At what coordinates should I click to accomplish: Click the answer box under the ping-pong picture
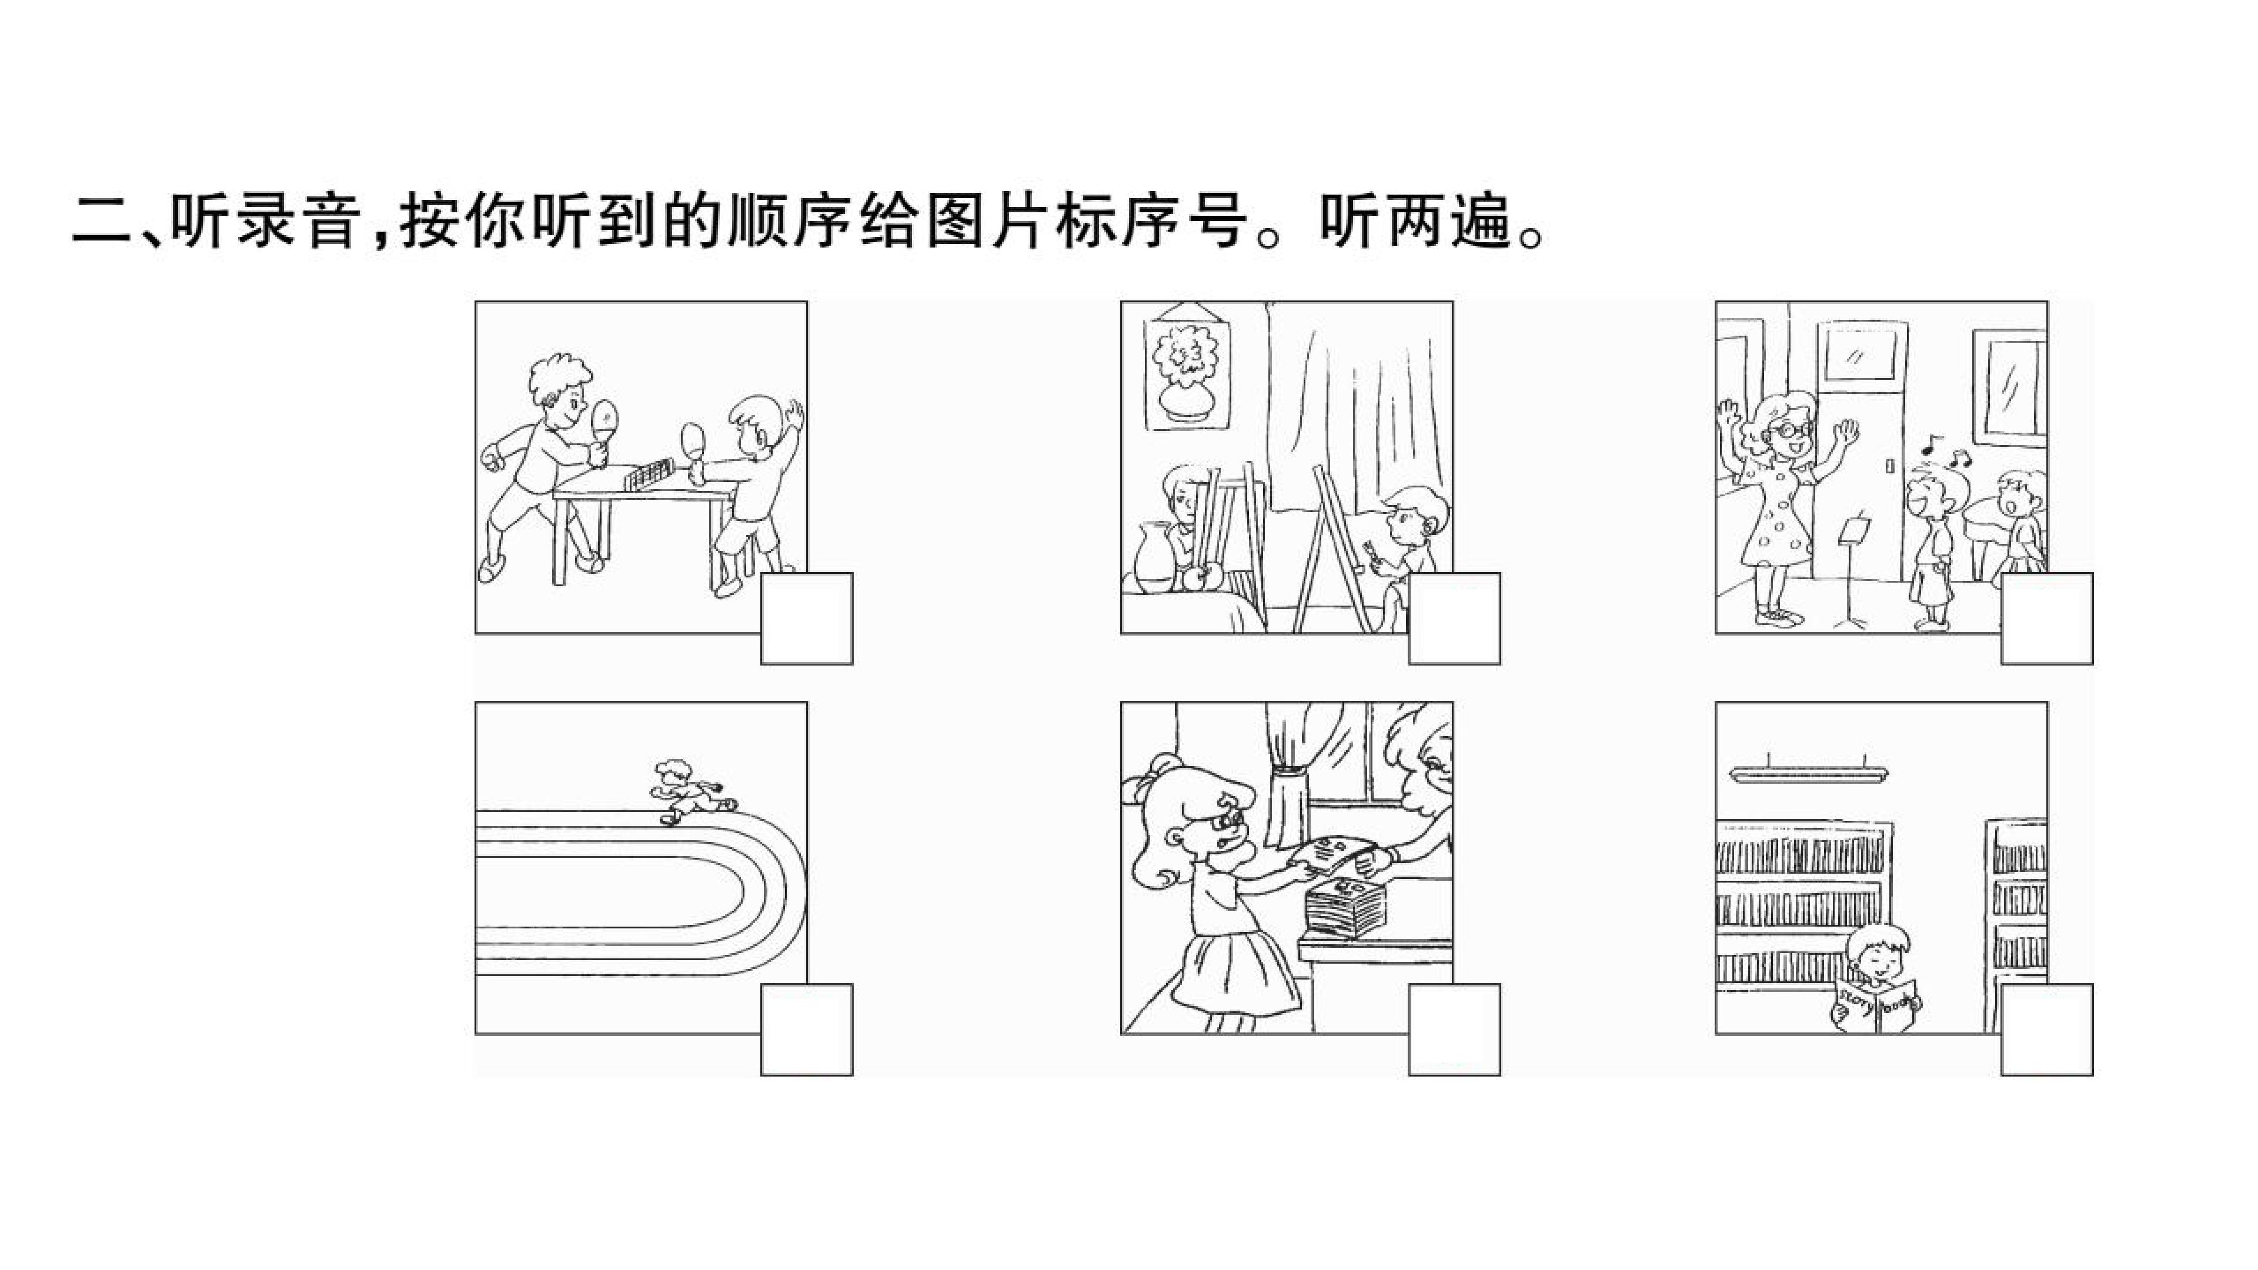(x=806, y=619)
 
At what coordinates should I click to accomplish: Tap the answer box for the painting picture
(x=1454, y=619)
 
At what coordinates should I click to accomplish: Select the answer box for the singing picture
(x=2047, y=619)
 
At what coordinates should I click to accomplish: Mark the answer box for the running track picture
(x=806, y=1030)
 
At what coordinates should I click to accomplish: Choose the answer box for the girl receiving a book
(x=1454, y=1030)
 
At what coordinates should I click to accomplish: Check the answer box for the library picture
(x=2047, y=1030)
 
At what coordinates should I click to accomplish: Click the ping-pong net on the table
(x=649, y=477)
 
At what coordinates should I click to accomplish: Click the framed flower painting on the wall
(x=1187, y=375)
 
